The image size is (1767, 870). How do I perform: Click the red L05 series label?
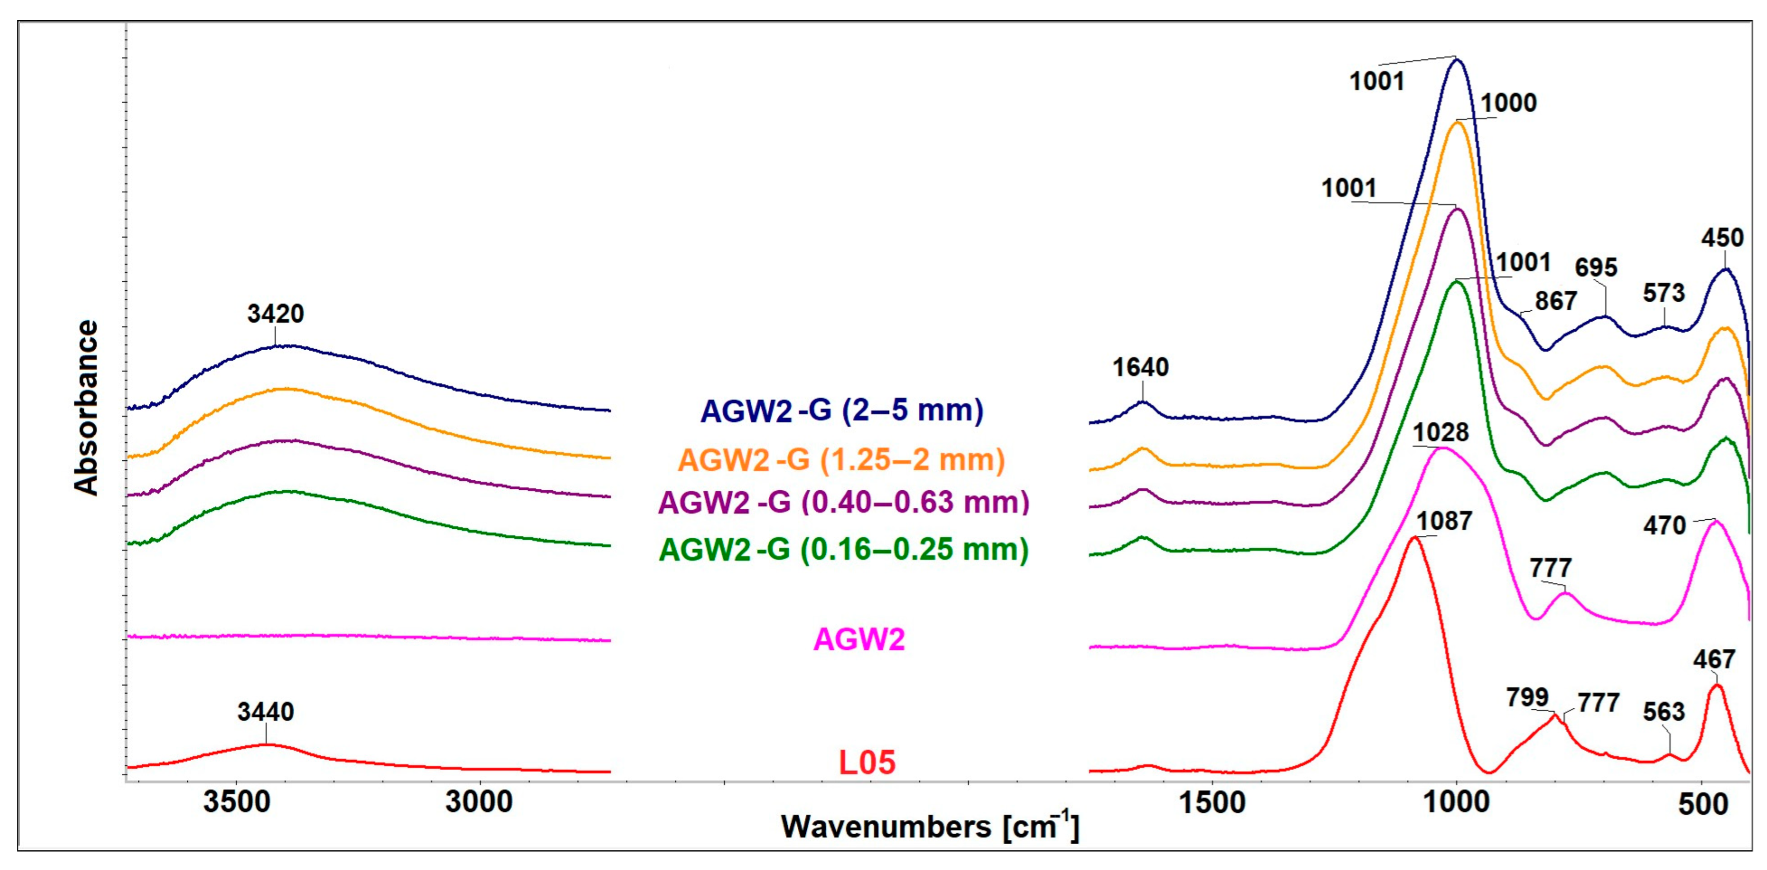pos(867,763)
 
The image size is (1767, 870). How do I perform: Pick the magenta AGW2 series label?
pos(859,639)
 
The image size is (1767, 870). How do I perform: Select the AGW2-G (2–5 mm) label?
pos(842,411)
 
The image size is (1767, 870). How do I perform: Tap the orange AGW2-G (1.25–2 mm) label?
pos(842,460)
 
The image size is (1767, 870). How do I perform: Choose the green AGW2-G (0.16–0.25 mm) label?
pos(844,550)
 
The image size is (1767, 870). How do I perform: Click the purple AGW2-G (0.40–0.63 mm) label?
pos(844,502)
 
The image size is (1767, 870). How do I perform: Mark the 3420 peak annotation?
pos(275,314)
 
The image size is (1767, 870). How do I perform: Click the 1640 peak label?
pos(1140,368)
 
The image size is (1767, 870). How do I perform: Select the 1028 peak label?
pos(1441,432)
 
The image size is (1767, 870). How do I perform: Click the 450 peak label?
pos(1722,238)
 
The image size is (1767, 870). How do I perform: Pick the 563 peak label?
pos(1663,712)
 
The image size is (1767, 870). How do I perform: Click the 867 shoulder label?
pos(1556,301)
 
